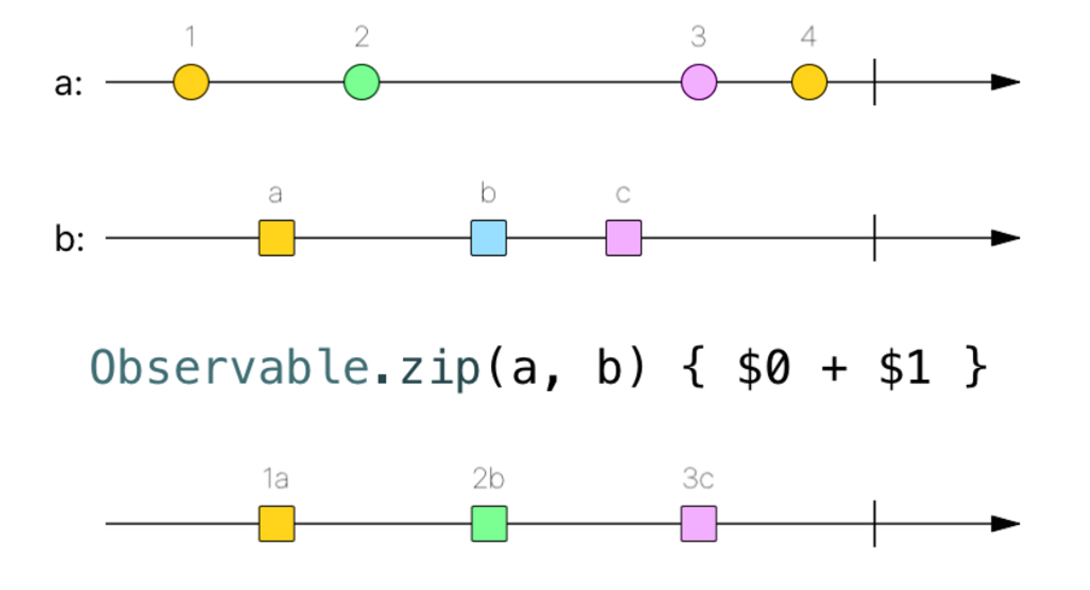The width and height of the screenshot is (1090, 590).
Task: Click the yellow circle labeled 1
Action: click(191, 82)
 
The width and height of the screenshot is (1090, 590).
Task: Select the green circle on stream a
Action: click(362, 82)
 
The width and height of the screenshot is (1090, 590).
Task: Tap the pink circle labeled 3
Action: click(699, 82)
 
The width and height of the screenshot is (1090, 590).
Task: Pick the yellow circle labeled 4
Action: click(809, 82)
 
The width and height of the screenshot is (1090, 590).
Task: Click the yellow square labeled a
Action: click(276, 238)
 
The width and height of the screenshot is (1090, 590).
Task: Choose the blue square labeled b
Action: click(488, 238)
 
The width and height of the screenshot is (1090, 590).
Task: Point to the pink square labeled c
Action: click(623, 238)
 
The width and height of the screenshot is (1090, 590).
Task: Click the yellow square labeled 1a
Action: click(276, 523)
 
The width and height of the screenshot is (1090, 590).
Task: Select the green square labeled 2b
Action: click(488, 523)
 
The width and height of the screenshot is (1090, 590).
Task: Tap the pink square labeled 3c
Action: click(699, 523)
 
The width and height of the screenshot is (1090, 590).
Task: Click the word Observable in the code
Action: click(228, 369)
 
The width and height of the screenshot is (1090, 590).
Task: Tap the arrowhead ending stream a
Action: click(1005, 82)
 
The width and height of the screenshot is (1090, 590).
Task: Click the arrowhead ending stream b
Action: click(1005, 238)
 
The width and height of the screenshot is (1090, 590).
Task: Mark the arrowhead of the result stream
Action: click(1005, 523)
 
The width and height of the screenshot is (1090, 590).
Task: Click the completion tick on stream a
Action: click(874, 82)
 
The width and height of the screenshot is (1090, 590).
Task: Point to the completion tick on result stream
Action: click(874, 523)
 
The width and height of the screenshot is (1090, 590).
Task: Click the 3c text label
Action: click(698, 480)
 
